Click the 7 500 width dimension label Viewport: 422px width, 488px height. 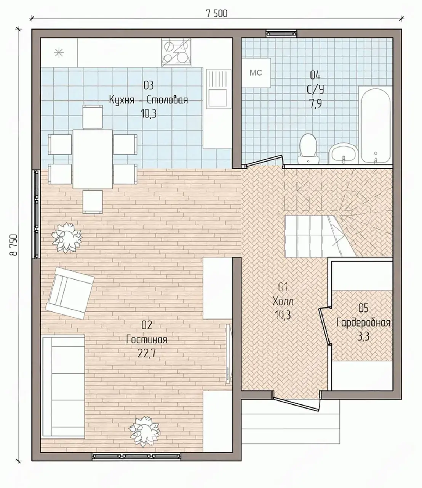tap(217, 14)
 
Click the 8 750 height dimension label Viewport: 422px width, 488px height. tap(14, 245)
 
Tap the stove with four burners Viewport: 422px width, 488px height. tap(176, 52)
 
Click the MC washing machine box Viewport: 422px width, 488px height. tap(257, 73)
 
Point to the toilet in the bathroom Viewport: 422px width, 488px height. tap(308, 149)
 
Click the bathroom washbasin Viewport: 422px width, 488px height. tap(344, 154)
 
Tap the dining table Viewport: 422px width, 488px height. tap(93, 159)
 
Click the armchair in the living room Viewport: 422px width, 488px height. tap(70, 293)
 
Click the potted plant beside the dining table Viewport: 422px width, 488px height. tap(67, 238)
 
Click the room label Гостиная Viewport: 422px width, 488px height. tap(147, 340)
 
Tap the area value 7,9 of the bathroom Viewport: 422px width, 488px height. tap(315, 103)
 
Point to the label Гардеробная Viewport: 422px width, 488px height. tap(363, 323)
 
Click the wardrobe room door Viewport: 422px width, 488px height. tap(324, 326)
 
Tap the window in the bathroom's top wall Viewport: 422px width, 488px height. tap(281, 33)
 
